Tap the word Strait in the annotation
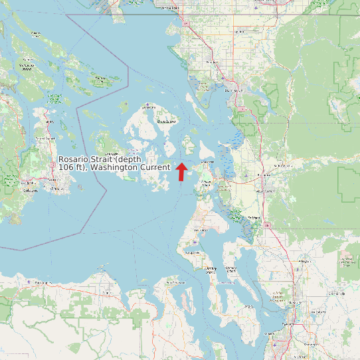point(104,160)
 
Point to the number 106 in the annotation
point(66,167)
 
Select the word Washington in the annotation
point(114,167)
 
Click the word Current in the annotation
point(155,167)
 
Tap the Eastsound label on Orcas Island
point(166,122)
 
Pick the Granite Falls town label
point(343,293)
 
